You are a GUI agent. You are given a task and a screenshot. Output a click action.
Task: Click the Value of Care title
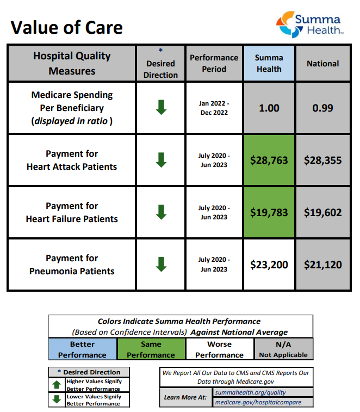click(x=67, y=27)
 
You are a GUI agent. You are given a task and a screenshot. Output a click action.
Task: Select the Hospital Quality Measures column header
click(x=72, y=63)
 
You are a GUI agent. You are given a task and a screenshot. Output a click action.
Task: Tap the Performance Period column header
click(x=214, y=63)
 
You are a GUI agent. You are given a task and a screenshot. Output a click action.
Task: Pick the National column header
click(x=322, y=63)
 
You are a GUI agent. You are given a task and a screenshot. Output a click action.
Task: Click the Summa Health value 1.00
click(x=269, y=108)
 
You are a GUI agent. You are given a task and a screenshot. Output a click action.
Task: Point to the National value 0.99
click(x=322, y=108)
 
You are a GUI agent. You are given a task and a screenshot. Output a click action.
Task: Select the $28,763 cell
click(x=269, y=161)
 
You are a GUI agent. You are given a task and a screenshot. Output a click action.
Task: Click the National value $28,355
click(x=322, y=161)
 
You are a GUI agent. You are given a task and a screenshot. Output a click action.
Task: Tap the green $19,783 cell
click(x=269, y=212)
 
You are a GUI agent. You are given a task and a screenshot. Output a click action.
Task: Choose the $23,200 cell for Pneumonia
click(x=269, y=265)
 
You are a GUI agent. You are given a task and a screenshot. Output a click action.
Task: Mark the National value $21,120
click(x=322, y=265)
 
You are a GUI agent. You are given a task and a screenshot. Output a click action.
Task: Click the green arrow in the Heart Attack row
click(x=161, y=160)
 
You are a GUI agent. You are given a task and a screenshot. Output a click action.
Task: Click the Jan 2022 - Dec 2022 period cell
click(x=214, y=108)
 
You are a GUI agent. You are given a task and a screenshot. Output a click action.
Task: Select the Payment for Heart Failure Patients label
click(x=72, y=212)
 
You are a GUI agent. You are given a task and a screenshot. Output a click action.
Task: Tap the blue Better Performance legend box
click(x=83, y=349)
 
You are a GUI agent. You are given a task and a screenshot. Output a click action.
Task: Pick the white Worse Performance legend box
click(x=220, y=349)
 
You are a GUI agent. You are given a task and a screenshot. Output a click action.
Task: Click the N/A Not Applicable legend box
click(x=283, y=349)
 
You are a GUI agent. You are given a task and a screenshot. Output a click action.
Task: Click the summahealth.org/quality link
click(x=250, y=392)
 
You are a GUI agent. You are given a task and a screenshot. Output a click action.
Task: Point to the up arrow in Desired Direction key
click(x=57, y=385)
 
